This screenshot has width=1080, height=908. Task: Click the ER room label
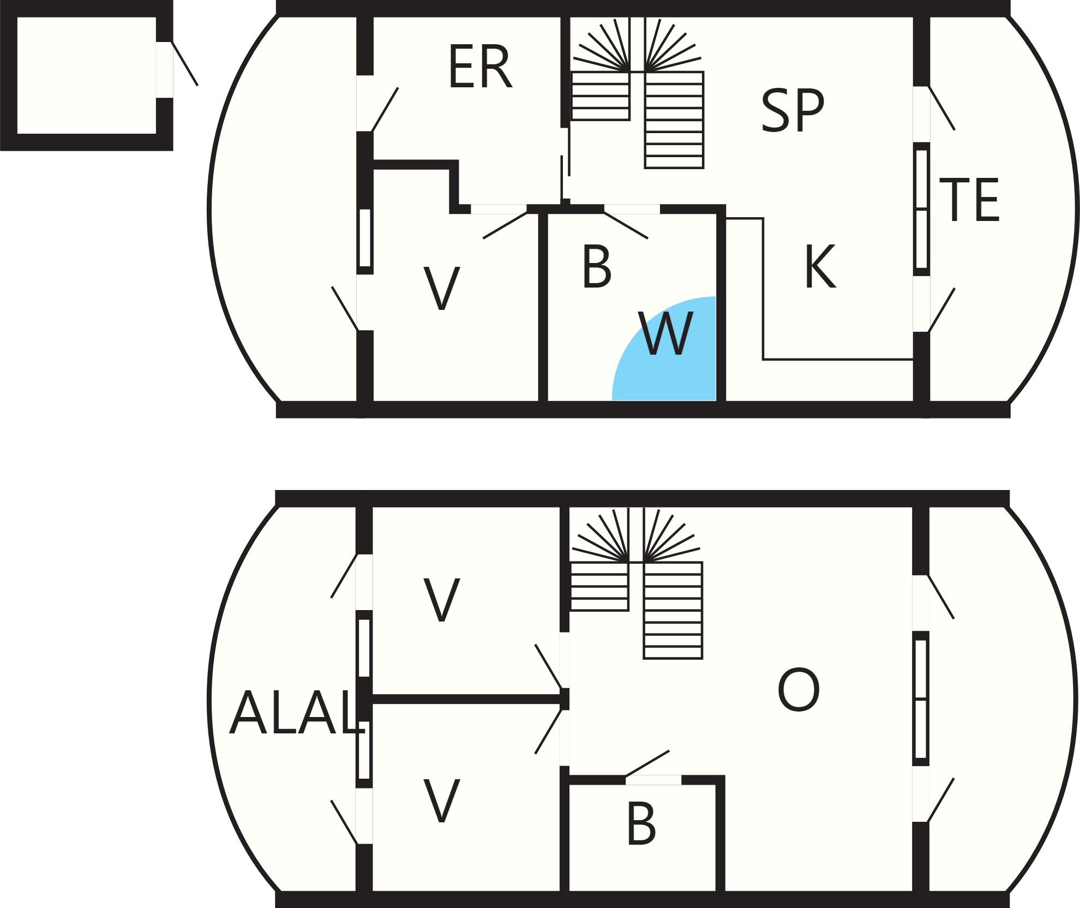click(480, 67)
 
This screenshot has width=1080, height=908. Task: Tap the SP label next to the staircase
click(793, 110)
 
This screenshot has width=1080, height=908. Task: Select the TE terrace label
click(969, 200)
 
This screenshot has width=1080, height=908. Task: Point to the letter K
click(820, 266)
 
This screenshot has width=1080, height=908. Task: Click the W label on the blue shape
click(666, 333)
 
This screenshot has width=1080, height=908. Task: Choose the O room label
click(799, 690)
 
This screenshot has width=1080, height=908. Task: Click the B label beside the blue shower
click(597, 266)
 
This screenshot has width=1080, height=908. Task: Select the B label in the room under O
click(641, 823)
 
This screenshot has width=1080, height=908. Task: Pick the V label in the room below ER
click(442, 289)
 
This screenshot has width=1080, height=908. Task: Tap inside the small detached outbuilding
click(86, 75)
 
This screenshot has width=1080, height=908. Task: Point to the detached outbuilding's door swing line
click(185, 63)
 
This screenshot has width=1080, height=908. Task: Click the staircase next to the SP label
click(637, 93)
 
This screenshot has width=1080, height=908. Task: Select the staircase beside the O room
click(636, 583)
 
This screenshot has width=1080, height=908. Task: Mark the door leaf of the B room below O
click(647, 763)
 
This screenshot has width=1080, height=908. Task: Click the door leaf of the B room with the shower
click(626, 225)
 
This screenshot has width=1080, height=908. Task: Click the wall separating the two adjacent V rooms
click(467, 699)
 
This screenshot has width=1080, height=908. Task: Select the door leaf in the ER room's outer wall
click(385, 109)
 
